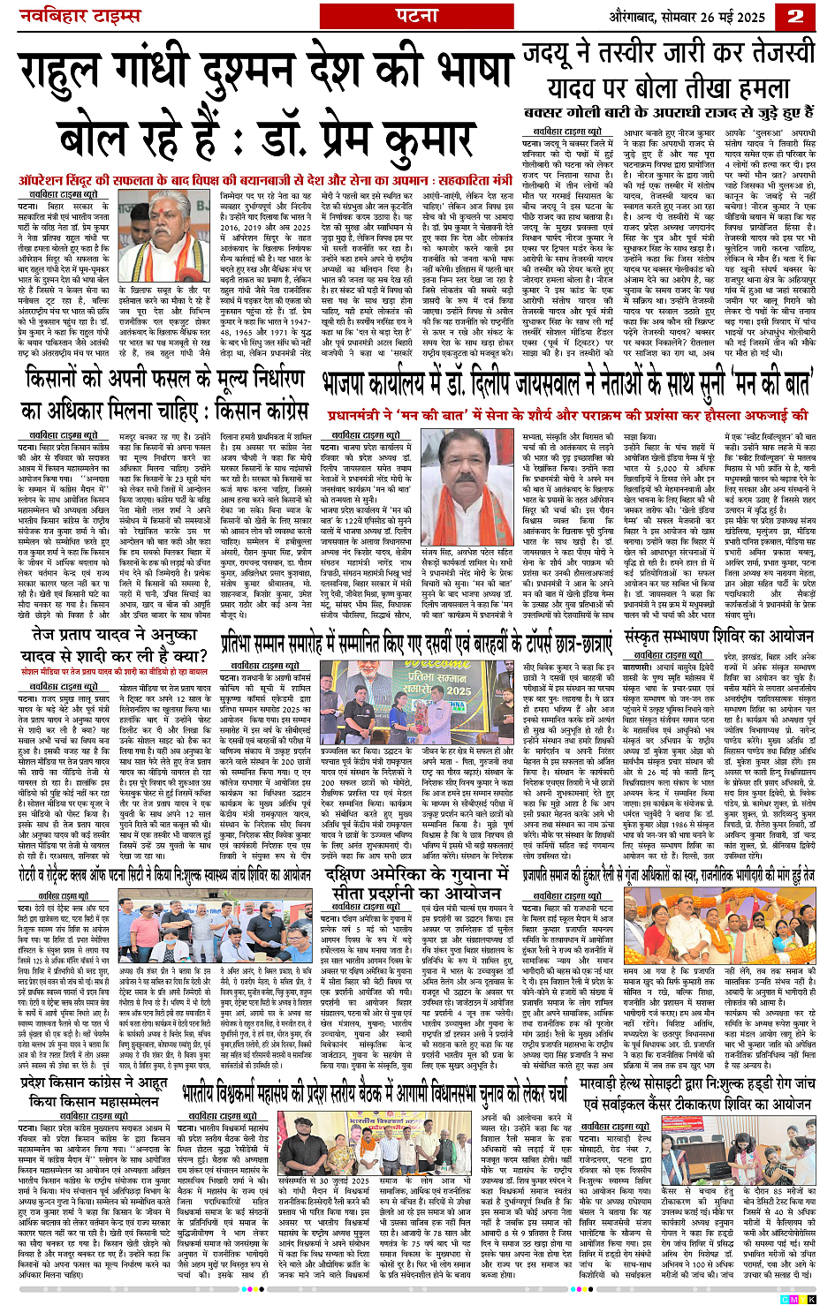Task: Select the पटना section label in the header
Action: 417,17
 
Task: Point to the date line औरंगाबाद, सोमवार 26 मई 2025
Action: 673,17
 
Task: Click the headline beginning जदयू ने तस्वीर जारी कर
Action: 669,70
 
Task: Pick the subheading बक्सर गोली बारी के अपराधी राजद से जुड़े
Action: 668,113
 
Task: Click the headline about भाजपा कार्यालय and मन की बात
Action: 566,384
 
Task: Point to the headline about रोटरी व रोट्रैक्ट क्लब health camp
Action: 163,874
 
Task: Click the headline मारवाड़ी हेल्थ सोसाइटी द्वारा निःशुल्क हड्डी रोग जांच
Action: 695,1093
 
